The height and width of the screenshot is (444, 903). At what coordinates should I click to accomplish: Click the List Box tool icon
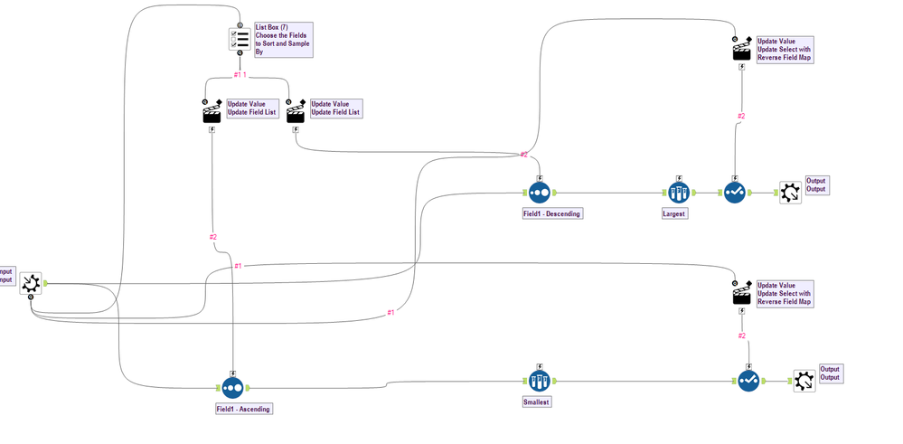point(240,40)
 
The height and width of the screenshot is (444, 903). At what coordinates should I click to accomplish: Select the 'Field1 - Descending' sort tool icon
point(539,193)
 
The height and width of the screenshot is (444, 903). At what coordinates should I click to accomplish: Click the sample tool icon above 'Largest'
point(679,193)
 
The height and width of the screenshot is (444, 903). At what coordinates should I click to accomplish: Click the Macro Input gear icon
point(31,283)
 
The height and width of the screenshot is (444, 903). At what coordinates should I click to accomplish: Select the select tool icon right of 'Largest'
point(734,193)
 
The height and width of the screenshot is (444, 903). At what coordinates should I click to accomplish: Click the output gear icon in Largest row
point(790,192)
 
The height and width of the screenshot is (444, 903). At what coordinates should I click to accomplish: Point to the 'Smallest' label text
point(537,402)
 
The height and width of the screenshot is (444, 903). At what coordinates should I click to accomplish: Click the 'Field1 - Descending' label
point(551,214)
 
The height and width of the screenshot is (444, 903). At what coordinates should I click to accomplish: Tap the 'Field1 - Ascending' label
point(243,409)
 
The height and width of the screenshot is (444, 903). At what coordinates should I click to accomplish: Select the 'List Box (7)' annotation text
point(273,27)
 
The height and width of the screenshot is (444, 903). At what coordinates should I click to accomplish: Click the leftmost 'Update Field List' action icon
point(212,111)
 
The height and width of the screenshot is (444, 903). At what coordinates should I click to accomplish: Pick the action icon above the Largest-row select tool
point(741,49)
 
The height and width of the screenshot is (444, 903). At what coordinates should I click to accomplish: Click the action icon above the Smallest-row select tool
point(741,294)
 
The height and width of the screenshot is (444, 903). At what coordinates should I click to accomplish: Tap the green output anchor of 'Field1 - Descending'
point(555,193)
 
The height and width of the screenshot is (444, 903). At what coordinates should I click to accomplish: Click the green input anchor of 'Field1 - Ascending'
point(218,387)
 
